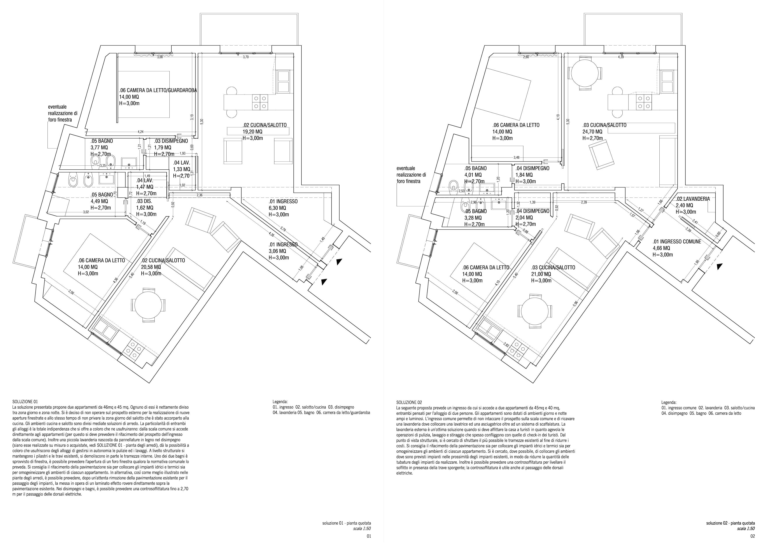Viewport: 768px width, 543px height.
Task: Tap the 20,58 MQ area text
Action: pyautogui.click(x=151, y=267)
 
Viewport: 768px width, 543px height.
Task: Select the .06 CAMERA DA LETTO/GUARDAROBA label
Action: pyautogui.click(x=158, y=90)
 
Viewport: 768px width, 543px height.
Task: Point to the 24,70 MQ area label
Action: pyautogui.click(x=592, y=132)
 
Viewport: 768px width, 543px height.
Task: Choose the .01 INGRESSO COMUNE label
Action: pyautogui.click(x=677, y=241)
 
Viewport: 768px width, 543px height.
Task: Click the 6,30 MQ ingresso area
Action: pyautogui.click(x=277, y=208)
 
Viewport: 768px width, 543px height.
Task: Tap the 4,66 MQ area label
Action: pyautogui.click(x=661, y=248)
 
